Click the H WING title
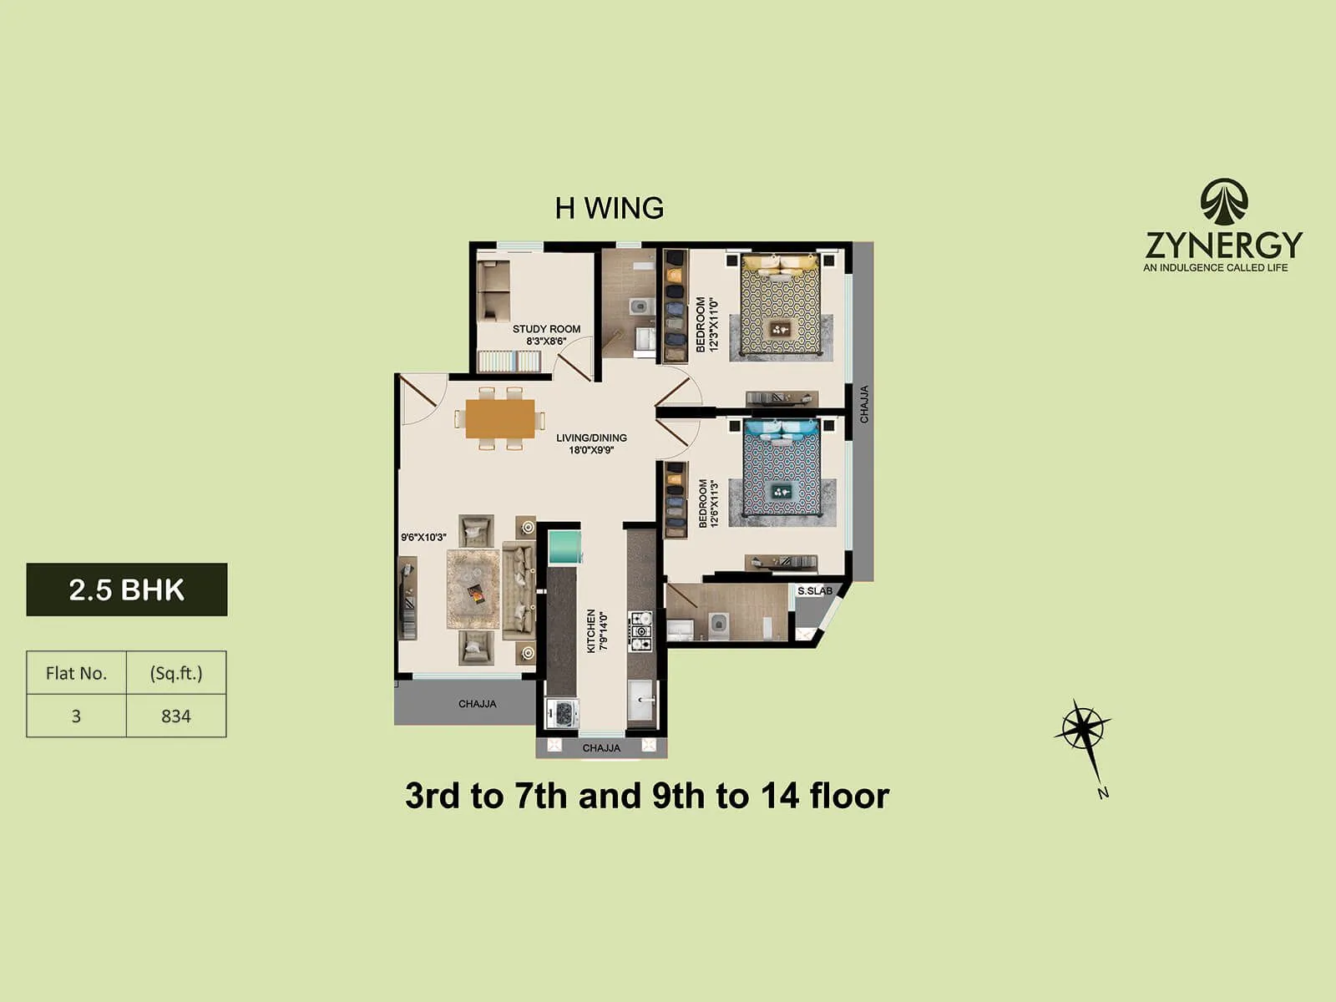tap(609, 208)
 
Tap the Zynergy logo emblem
tap(1224, 202)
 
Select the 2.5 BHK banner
tap(127, 590)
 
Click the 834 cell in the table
tap(176, 716)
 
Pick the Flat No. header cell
tap(76, 673)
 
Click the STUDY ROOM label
tap(546, 329)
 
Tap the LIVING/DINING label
tap(591, 438)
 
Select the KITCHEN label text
tap(591, 630)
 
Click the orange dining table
tap(500, 418)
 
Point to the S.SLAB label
tap(814, 591)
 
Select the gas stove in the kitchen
tap(640, 631)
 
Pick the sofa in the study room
tap(493, 291)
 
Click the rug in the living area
tap(473, 590)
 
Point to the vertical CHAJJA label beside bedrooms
tap(864, 404)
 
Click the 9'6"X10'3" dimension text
tap(423, 537)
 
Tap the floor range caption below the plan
tap(647, 796)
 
